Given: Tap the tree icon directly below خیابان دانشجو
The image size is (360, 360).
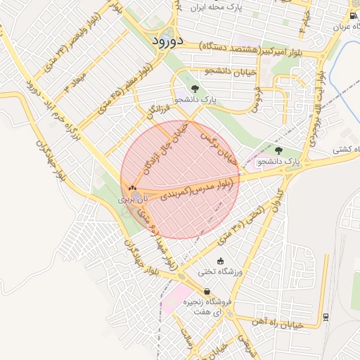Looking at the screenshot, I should tap(195, 89).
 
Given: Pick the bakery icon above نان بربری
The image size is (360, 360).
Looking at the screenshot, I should tap(132, 188).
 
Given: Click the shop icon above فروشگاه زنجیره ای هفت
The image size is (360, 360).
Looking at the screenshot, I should tap(207, 291).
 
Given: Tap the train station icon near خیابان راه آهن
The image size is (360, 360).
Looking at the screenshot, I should tap(326, 316).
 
